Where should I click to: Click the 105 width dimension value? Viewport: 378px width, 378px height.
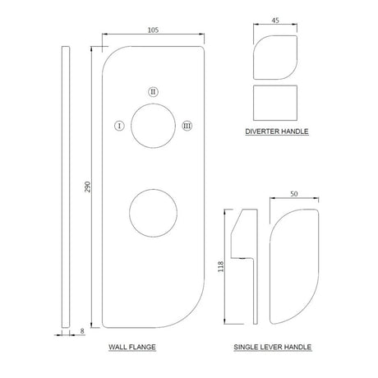pyautogui.click(x=154, y=30)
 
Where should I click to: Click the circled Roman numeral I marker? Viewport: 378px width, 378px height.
pyautogui.click(x=119, y=126)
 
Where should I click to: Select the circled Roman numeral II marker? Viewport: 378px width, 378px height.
pyautogui.click(x=153, y=91)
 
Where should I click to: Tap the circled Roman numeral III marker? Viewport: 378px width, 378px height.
pyautogui.click(x=187, y=126)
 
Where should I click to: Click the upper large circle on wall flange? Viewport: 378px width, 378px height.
pyautogui.click(x=153, y=126)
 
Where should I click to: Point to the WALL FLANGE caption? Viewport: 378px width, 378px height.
pyautogui.click(x=132, y=348)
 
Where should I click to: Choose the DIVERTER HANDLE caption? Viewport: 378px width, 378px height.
pyautogui.click(x=275, y=131)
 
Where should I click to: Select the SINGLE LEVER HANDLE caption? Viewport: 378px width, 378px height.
pyautogui.click(x=272, y=348)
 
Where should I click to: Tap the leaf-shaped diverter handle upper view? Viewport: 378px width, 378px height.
pyautogui.click(x=275, y=54)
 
